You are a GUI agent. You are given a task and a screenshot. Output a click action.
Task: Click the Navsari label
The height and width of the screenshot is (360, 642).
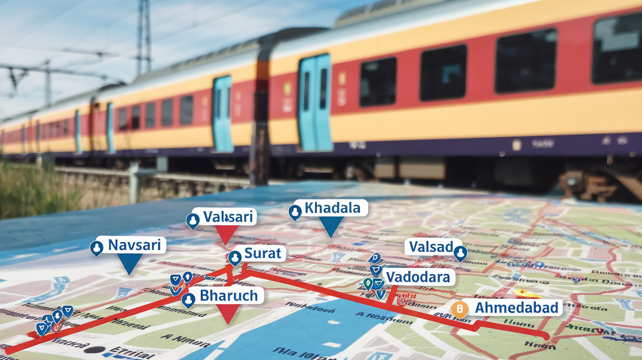pyautogui.click(x=134, y=245)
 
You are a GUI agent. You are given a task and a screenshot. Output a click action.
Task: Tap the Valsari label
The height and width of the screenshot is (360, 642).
pyautogui.click(x=228, y=217)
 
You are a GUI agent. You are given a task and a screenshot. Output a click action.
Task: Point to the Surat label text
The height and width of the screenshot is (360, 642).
pyautogui.click(x=263, y=253)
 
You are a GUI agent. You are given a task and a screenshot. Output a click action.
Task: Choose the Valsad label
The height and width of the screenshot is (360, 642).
pyautogui.click(x=431, y=247)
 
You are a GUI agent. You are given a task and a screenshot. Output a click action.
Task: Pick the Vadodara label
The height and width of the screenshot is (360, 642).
pyautogui.click(x=418, y=277)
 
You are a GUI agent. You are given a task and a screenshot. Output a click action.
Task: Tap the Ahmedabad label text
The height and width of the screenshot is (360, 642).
pyautogui.click(x=517, y=308)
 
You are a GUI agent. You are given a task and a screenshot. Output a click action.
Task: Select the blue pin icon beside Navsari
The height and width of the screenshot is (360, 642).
pyautogui.click(x=97, y=248)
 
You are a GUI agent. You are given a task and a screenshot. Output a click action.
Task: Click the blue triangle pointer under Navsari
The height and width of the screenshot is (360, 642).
pyautogui.click(x=130, y=265)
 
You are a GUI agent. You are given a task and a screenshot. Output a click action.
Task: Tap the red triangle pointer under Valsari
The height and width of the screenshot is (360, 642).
pyautogui.click(x=227, y=234)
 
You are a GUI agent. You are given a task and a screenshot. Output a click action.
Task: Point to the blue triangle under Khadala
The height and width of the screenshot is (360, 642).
pyautogui.click(x=331, y=226)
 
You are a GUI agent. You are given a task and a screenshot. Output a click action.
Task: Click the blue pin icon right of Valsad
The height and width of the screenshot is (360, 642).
pyautogui.click(x=460, y=253)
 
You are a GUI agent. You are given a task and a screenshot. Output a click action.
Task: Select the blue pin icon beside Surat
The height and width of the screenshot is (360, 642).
pyautogui.click(x=235, y=257)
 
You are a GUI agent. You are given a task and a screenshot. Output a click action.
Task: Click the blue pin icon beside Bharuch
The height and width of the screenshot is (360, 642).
pyautogui.click(x=188, y=300)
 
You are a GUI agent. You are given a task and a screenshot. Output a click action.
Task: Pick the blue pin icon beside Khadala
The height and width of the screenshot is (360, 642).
pyautogui.click(x=295, y=212)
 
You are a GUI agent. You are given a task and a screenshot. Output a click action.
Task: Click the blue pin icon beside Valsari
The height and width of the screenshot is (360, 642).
pyautogui.click(x=193, y=221)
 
